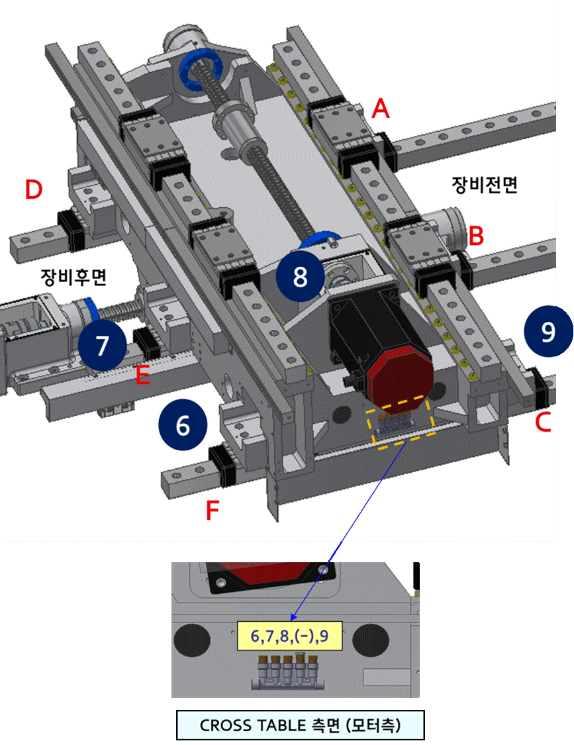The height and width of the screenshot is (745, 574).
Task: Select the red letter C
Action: pos(543,422)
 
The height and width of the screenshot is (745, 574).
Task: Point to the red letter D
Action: pos(34,190)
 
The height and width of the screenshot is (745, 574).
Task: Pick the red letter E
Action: pos(142,376)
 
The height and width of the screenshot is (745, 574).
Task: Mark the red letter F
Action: pos(212,511)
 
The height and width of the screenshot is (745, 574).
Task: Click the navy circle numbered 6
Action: pos(183,425)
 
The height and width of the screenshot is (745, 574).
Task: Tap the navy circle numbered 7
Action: pos(102,345)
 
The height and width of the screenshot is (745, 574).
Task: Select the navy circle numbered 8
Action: pos(301,276)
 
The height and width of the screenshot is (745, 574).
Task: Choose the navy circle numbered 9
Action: pos(548,331)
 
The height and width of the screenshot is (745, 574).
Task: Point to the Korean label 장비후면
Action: pos(73,277)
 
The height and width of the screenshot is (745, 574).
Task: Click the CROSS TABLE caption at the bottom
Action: pos(299,725)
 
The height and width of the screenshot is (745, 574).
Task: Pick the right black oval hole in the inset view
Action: pos(369,640)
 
